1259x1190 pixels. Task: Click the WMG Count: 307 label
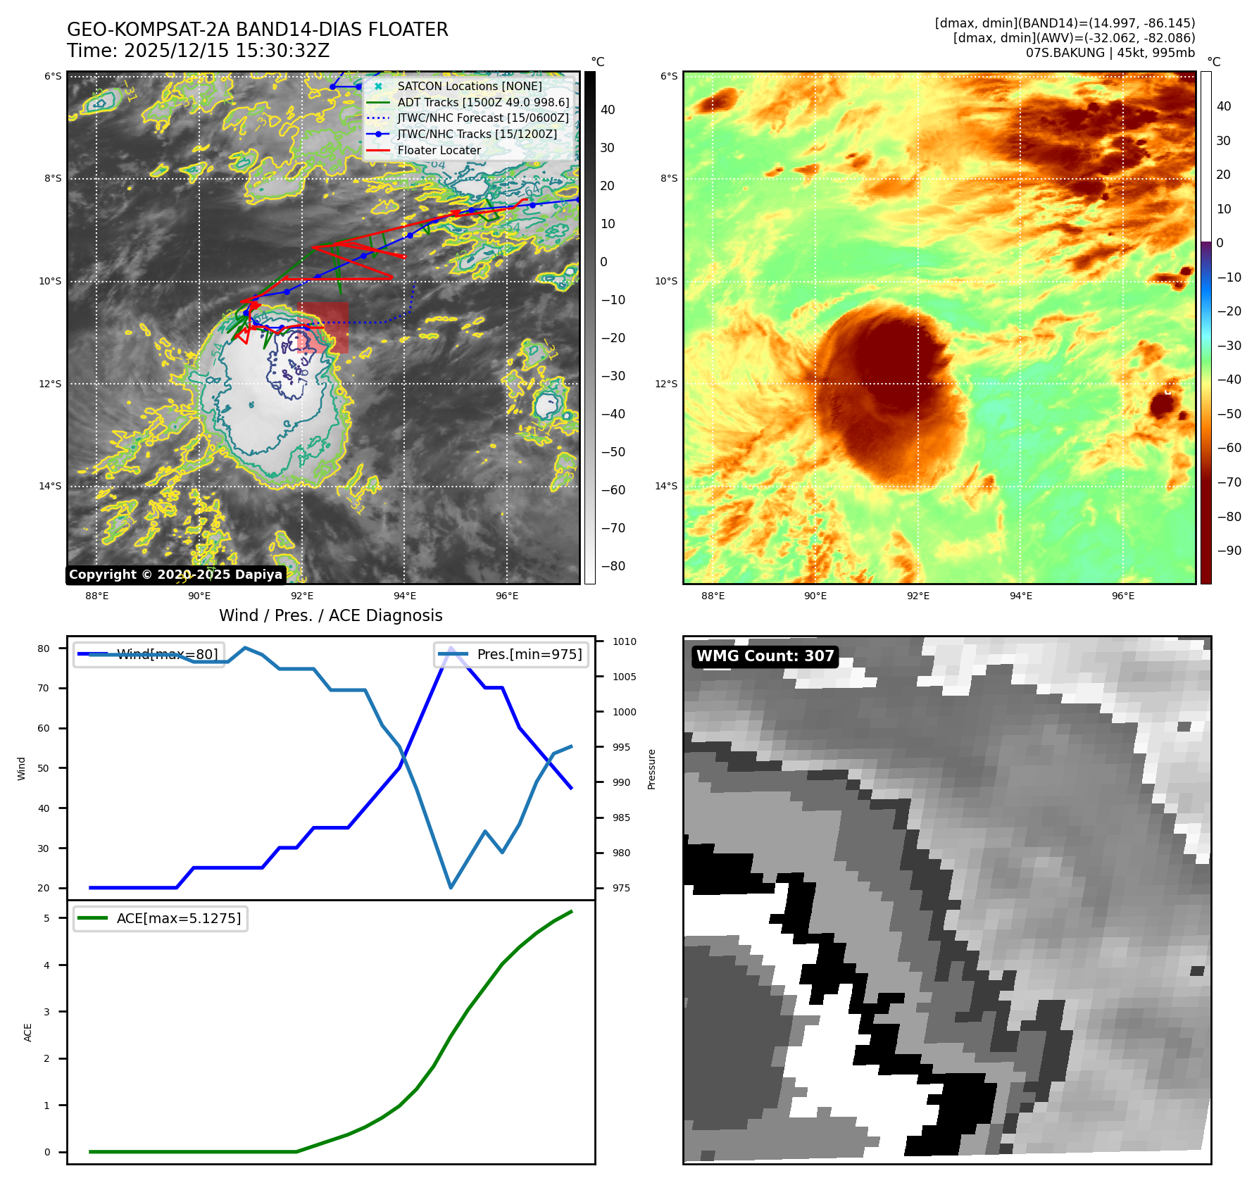(765, 656)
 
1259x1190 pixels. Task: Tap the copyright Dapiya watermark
(175, 575)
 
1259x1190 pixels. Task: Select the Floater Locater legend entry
(439, 150)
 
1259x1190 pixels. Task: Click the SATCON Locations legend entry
(469, 86)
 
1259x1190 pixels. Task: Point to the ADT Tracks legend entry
(483, 102)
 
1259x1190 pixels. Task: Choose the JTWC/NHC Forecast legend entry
(482, 118)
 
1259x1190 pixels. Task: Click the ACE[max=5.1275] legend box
(161, 918)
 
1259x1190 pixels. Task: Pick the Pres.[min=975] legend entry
(512, 654)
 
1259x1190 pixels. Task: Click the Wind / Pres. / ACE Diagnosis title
(331, 615)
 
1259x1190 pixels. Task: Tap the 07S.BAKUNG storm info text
(1110, 53)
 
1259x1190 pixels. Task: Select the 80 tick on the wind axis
(44, 649)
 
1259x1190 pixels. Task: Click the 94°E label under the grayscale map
(405, 596)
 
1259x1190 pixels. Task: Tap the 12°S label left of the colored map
(666, 384)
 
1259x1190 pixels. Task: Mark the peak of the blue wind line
(451, 648)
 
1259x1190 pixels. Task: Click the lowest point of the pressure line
(451, 887)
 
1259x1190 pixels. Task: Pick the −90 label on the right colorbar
(1229, 551)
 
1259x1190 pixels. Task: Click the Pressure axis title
(651, 769)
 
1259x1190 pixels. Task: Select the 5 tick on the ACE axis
(47, 918)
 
